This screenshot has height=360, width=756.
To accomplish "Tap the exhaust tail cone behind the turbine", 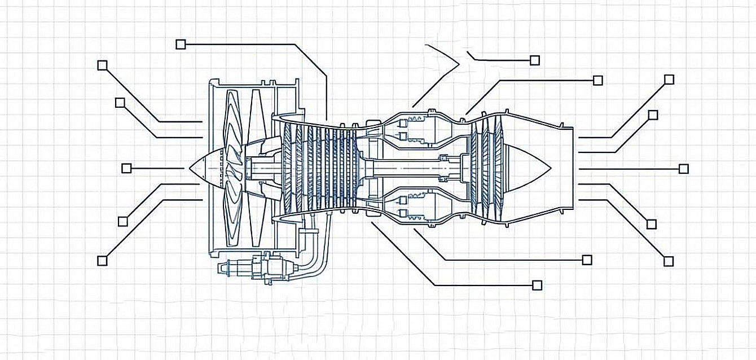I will tap(528, 168).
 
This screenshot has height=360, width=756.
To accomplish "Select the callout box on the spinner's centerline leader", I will tap(126, 168).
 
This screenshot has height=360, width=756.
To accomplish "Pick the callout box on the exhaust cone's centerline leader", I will tap(684, 169).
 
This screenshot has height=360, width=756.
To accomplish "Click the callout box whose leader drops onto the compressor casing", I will tap(181, 44).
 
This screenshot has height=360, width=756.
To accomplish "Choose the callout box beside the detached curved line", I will tap(535, 60).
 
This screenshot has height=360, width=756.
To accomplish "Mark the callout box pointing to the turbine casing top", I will tap(598, 80).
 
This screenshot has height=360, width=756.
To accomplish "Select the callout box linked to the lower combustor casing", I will tap(587, 260).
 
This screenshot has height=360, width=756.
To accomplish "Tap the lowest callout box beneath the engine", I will tap(537, 285).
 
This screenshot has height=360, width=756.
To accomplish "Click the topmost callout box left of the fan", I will tap(102, 65).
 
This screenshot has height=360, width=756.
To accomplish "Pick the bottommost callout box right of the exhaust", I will tap(669, 261).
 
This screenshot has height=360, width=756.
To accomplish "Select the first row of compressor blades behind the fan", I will tap(288, 168).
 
